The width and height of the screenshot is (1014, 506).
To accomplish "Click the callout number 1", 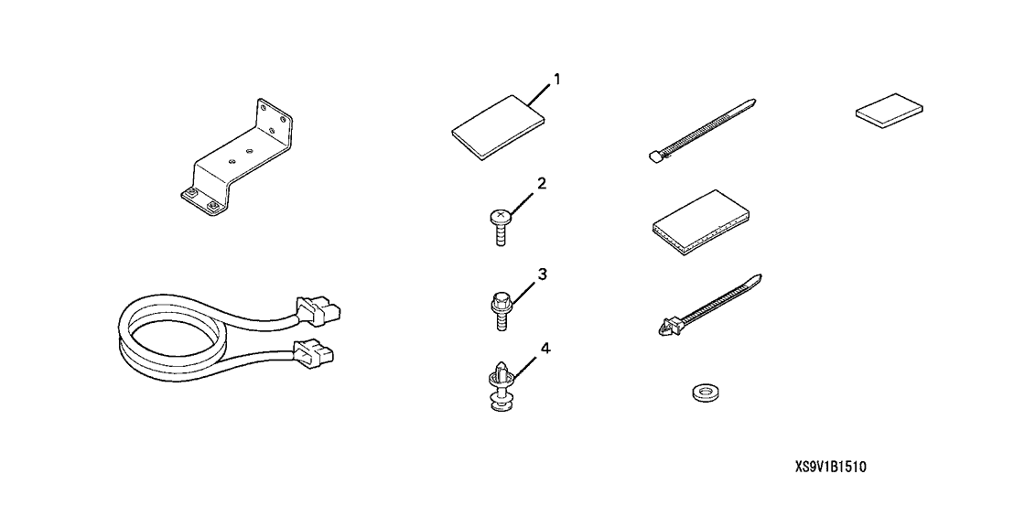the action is [x=556, y=80].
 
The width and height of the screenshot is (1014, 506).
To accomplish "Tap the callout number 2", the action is [x=542, y=183].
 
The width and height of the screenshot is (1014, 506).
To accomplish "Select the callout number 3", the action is [x=542, y=274].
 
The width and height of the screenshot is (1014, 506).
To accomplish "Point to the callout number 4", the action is [x=545, y=349].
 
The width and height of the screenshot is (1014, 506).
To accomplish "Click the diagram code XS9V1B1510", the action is [x=830, y=466].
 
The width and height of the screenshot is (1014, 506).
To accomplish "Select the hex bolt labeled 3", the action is [x=502, y=310].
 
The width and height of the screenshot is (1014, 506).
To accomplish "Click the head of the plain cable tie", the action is [x=654, y=156].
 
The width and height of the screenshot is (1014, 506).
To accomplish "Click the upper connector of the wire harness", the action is [x=317, y=309].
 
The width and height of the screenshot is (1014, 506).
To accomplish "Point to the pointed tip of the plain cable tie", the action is [x=753, y=101].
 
